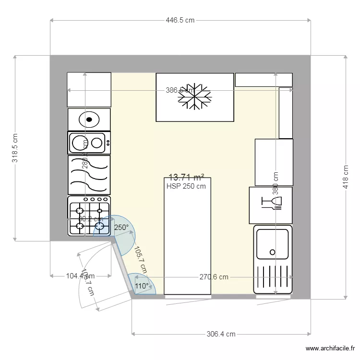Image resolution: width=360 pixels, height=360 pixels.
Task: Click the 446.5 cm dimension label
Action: click(180, 20)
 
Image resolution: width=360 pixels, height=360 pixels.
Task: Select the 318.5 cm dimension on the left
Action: click(15, 148)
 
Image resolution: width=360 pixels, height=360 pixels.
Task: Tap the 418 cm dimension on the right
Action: click(345, 177)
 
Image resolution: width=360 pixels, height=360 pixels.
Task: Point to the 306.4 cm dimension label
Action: click(221, 334)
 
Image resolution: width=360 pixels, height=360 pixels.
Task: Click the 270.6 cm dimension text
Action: click(214, 277)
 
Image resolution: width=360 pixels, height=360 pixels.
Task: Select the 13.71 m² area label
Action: click(186, 178)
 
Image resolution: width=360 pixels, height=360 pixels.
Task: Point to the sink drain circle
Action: click(272, 252)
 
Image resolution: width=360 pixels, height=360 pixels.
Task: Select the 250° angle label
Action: click(121, 228)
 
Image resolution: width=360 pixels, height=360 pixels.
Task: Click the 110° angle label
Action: click(142, 286)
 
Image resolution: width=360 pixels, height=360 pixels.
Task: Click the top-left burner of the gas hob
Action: click(80, 210)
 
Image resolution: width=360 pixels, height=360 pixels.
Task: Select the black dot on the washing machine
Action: click(89, 120)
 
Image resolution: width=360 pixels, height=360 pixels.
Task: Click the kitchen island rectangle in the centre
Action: click(187, 240)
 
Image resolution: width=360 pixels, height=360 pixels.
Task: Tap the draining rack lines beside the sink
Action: click(272, 278)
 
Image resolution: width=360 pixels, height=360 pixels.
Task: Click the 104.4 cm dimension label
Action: click(80, 276)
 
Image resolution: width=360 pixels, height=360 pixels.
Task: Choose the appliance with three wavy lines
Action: click(89, 175)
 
